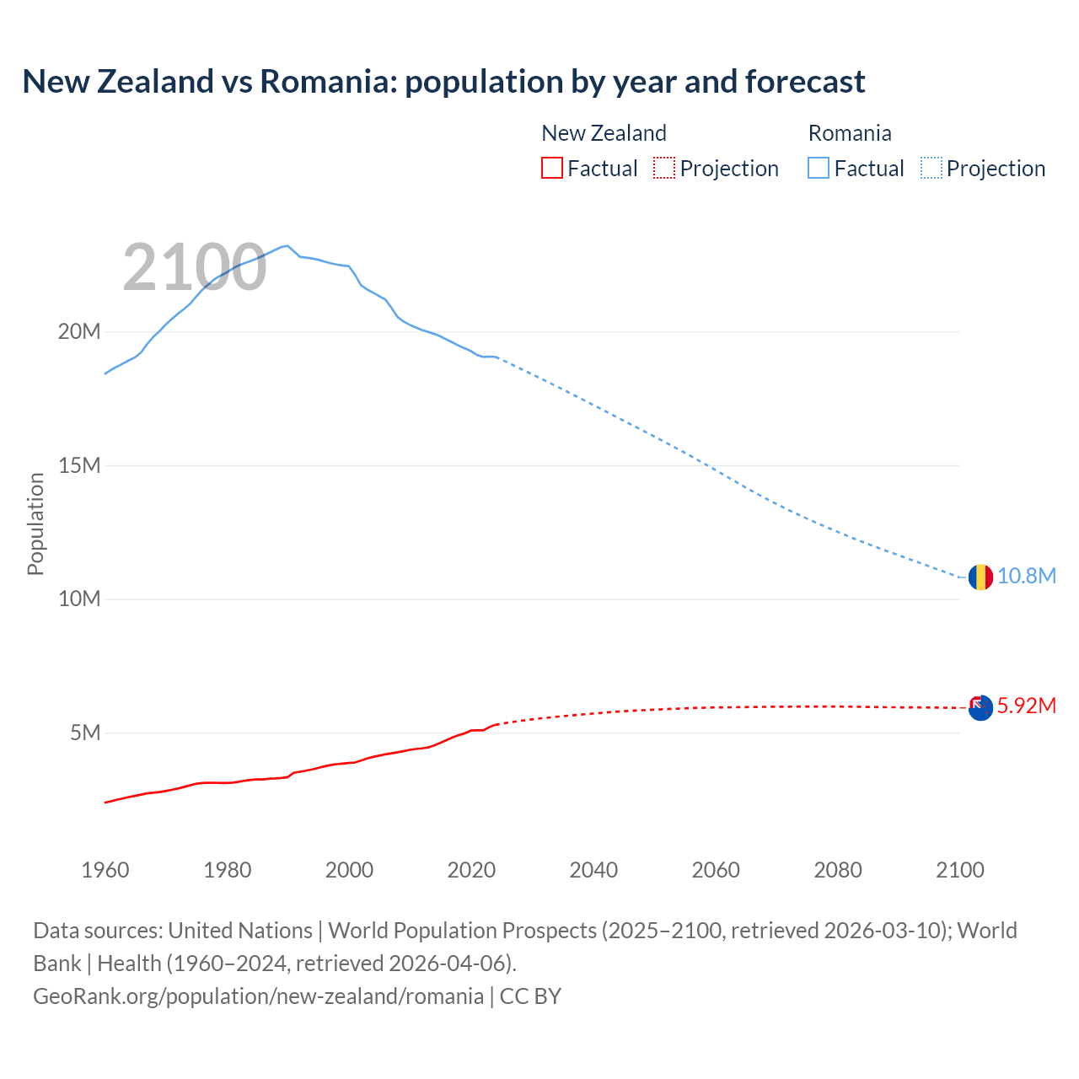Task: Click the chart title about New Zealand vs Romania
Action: pyautogui.click(x=443, y=82)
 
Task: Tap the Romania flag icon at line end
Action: pyautogui.click(x=980, y=577)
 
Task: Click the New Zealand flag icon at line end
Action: pyautogui.click(x=980, y=707)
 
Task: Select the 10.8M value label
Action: pyautogui.click(x=1026, y=577)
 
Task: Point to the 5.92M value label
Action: pyautogui.click(x=1026, y=706)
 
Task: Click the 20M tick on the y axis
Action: pyautogui.click(x=79, y=332)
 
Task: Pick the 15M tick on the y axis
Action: pyautogui.click(x=79, y=465)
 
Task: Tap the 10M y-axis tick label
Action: pyautogui.click(x=79, y=599)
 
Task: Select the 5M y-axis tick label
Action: pyautogui.click(x=85, y=733)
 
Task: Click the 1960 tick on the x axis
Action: pyautogui.click(x=105, y=870)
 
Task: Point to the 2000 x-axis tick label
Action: pyautogui.click(x=349, y=870)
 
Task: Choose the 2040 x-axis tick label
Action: pyautogui.click(x=593, y=870)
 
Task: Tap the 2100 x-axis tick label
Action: pyautogui.click(x=959, y=870)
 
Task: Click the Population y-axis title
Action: pyautogui.click(x=35, y=523)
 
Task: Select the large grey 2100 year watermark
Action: pyautogui.click(x=195, y=268)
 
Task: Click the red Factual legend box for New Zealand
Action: pyautogui.click(x=551, y=169)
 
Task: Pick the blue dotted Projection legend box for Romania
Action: pyautogui.click(x=931, y=169)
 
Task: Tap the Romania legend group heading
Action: pyautogui.click(x=849, y=133)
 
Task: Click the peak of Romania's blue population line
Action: pyautogui.click(x=287, y=245)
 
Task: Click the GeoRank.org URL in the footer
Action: pyautogui.click(x=258, y=996)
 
